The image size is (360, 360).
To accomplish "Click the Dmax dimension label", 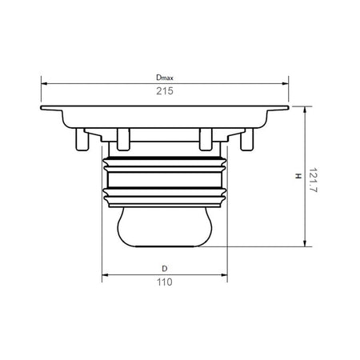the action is pyautogui.click(x=165, y=78).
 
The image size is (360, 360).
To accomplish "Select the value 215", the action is pyautogui.click(x=165, y=91).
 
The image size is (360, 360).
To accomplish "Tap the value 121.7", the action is pyautogui.click(x=313, y=180).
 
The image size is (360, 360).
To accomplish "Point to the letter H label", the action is pyautogui.click(x=298, y=176).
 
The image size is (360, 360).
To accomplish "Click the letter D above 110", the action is pyautogui.click(x=165, y=269).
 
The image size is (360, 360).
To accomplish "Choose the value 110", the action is pyautogui.click(x=165, y=282).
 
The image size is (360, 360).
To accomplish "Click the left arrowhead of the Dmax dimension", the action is pyautogui.click(x=44, y=83).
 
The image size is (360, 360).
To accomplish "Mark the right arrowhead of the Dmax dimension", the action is pyautogui.click(x=286, y=83).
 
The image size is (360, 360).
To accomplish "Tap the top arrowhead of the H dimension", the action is pyautogui.click(x=305, y=110).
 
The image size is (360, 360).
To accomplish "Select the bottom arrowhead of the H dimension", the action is pyautogui.click(x=305, y=243).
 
